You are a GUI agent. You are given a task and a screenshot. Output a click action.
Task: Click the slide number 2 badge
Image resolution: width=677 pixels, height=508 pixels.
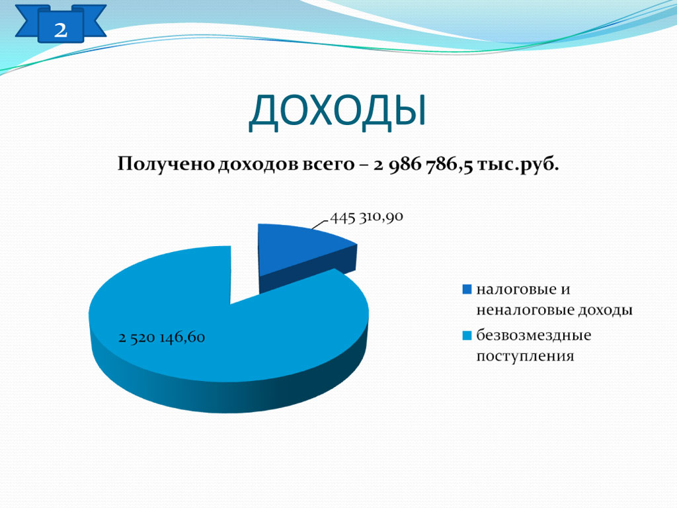tap(60, 24)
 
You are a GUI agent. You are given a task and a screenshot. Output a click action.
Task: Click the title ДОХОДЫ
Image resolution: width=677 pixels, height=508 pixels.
tap(337, 111)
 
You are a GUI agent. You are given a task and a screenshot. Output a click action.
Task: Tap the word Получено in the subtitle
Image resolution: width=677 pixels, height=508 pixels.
tap(166, 164)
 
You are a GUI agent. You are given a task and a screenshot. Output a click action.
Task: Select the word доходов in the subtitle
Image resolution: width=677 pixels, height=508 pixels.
tap(257, 165)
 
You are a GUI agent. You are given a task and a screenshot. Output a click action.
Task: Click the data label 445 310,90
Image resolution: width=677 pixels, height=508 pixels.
tap(366, 217)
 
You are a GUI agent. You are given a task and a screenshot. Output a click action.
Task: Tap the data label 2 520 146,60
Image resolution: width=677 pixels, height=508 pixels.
tap(161, 337)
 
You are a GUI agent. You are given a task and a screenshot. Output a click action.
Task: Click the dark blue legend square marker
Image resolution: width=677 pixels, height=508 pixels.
tap(467, 290)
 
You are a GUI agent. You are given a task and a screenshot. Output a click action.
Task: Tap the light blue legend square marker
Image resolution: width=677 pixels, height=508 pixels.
tap(467, 335)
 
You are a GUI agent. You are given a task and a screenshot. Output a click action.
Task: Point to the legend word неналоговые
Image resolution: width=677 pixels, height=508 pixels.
tap(525, 310)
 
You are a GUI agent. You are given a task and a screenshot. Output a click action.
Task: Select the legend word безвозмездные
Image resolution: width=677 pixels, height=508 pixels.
tap(534, 335)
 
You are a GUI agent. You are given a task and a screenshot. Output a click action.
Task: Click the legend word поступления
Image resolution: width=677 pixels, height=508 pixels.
tap(525, 357)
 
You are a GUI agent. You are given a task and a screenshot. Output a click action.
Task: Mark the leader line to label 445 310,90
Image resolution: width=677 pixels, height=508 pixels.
tap(321, 224)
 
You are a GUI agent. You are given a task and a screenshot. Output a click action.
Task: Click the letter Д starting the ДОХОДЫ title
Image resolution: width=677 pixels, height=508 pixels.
tap(263, 113)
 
